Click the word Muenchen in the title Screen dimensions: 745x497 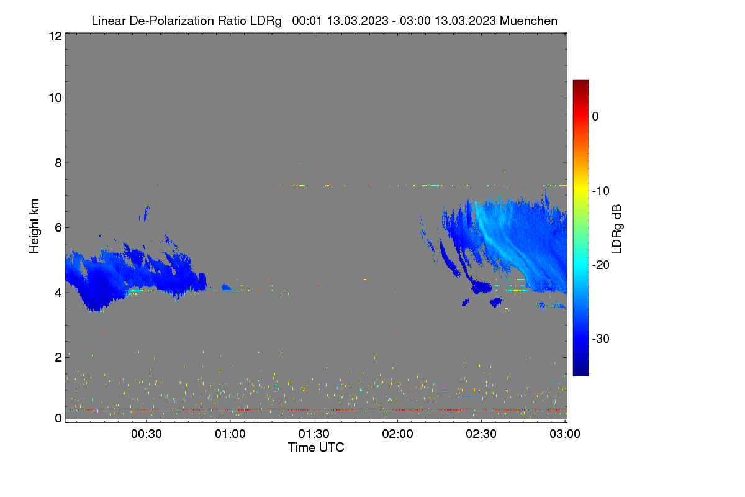528,21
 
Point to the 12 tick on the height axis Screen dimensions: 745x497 55,36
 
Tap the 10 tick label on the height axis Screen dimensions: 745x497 55,98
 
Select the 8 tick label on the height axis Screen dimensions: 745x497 58,163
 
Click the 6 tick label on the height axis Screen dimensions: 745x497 58,228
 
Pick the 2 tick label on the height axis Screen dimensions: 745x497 58,357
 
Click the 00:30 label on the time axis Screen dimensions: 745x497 147,434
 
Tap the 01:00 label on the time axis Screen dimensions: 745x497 230,434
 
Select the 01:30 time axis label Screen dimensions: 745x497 314,434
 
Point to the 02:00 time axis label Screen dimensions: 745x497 397,434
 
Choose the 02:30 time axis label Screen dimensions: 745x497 481,434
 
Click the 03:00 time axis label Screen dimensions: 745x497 565,434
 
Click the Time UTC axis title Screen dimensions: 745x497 316,447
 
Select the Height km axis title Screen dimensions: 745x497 34,226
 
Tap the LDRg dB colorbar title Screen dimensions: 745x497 617,229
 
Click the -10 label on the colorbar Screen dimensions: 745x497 601,191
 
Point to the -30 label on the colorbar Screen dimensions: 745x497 601,339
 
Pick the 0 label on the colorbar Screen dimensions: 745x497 595,117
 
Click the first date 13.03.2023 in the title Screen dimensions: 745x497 358,21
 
